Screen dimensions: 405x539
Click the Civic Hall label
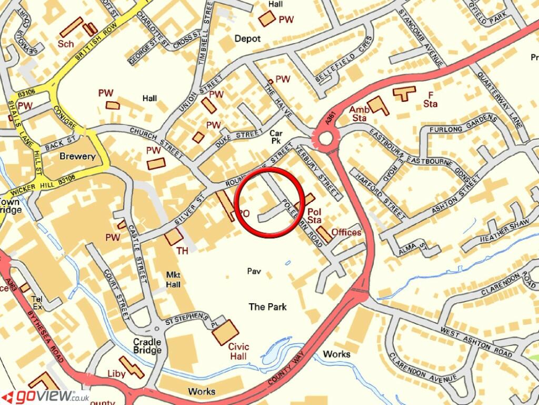(x=238, y=351)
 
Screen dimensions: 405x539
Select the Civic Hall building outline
(x=225, y=332)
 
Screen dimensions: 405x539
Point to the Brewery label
(x=77, y=156)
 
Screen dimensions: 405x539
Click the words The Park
(x=268, y=306)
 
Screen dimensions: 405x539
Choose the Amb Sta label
(x=360, y=113)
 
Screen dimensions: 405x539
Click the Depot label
(x=247, y=38)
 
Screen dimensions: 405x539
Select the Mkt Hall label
(x=173, y=279)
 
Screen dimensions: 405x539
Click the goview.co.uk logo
(x=45, y=396)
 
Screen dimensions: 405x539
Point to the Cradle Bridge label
(x=147, y=346)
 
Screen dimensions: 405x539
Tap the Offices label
(x=346, y=232)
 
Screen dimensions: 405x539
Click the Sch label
(x=66, y=43)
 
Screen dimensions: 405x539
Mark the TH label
(x=182, y=251)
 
